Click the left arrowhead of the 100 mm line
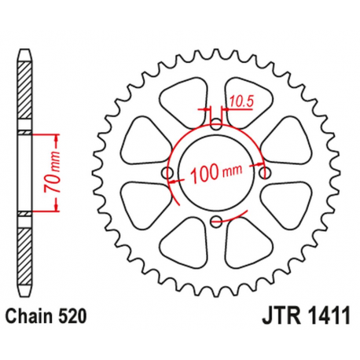[x=174, y=180]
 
